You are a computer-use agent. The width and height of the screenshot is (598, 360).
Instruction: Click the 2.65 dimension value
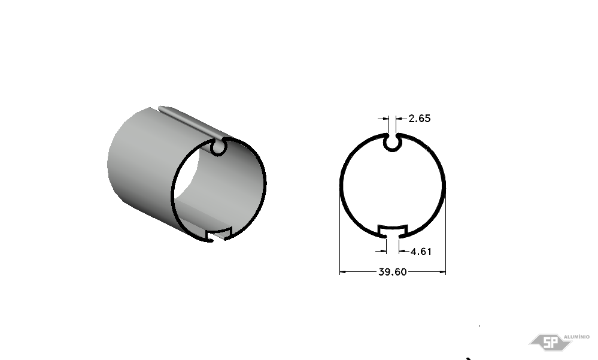(420, 119)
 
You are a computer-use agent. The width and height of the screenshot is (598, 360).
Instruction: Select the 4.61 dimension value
(421, 252)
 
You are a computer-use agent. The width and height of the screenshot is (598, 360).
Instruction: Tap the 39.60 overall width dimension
(393, 272)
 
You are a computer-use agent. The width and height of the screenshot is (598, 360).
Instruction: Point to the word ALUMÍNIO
(576, 337)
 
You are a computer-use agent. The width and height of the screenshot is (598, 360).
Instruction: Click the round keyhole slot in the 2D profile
(393, 143)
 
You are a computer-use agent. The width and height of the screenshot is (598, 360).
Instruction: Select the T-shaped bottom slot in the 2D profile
(393, 231)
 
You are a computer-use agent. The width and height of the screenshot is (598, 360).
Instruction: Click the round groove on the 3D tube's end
(218, 147)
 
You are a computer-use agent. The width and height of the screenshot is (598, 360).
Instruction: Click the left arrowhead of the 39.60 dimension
(342, 272)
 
